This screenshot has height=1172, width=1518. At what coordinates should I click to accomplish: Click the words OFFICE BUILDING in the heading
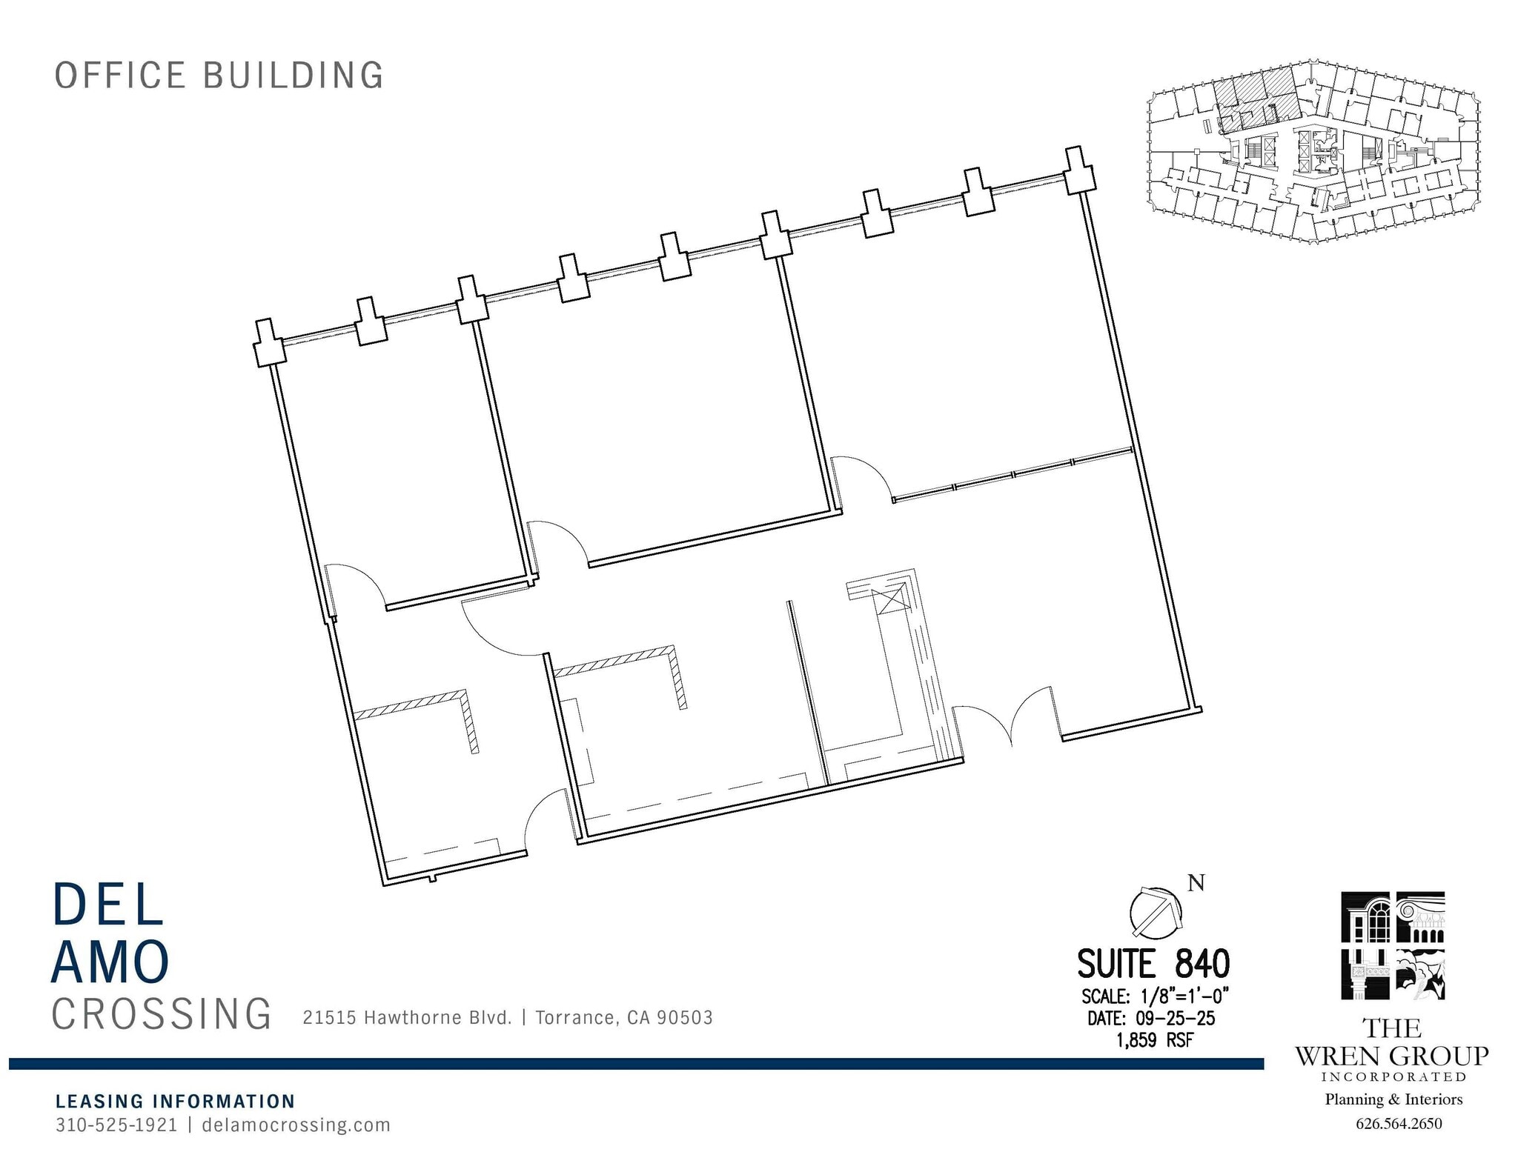click(219, 76)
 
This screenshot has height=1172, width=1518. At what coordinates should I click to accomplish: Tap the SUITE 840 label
click(1153, 964)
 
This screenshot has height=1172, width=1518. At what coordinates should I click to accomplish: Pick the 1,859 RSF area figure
click(1154, 1040)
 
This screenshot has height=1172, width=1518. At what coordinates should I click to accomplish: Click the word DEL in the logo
click(108, 904)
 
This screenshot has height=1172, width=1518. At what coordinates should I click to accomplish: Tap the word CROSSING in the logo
click(162, 1014)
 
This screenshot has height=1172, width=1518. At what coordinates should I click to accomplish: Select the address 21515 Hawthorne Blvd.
click(407, 1017)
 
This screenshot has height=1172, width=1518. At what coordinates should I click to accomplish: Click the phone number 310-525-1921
click(116, 1125)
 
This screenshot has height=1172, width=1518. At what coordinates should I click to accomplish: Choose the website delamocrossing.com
click(296, 1125)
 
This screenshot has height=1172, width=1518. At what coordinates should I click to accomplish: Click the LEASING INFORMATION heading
click(176, 1101)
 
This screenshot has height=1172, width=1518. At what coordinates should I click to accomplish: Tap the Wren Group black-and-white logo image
click(1393, 946)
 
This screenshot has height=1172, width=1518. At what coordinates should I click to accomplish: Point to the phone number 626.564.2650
click(1399, 1124)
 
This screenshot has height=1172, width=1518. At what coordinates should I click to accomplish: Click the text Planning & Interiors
click(1393, 1099)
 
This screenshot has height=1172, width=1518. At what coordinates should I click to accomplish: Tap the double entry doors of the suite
click(1006, 721)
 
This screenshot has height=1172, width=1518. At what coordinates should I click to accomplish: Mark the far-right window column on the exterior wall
click(1079, 170)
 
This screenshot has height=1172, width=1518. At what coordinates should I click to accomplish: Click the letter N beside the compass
click(1196, 882)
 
